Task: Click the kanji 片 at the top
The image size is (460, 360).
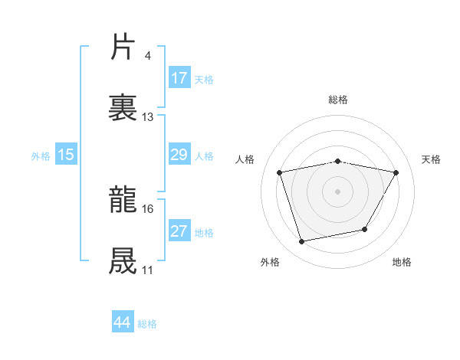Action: coord(123,47)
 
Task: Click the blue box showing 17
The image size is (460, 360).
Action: coord(179,77)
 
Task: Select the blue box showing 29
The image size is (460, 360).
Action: coord(179,155)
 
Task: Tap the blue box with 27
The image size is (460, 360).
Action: coord(179,231)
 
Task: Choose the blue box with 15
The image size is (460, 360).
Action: coord(66,155)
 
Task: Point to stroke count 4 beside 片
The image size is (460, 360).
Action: coord(147,56)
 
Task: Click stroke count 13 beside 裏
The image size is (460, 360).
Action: coord(148,117)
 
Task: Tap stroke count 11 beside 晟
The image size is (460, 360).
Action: coord(148,270)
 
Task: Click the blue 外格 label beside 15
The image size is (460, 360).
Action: coord(41,155)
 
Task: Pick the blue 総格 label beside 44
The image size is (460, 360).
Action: coord(147,324)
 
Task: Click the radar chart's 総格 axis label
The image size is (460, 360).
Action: coord(338,100)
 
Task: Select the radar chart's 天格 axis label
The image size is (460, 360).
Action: coord(432,159)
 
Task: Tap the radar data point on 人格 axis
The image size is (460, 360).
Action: coord(280,172)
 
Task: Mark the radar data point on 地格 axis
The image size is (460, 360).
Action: coord(365,229)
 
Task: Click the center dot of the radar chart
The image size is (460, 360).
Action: coord(338,191)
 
